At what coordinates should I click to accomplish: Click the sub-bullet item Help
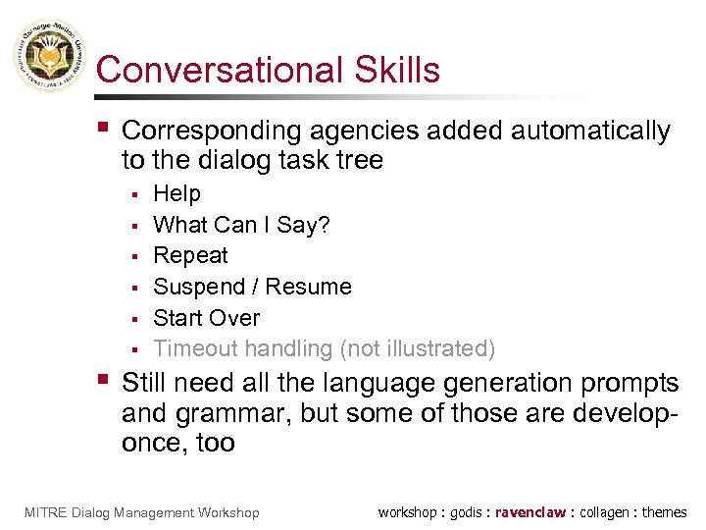click(176, 193)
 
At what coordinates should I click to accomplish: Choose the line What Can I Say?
click(241, 225)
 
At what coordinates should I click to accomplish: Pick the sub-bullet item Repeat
click(190, 255)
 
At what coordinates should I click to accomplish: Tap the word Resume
click(308, 287)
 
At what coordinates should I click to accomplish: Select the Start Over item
click(206, 318)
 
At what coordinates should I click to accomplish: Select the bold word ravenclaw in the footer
click(530, 512)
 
